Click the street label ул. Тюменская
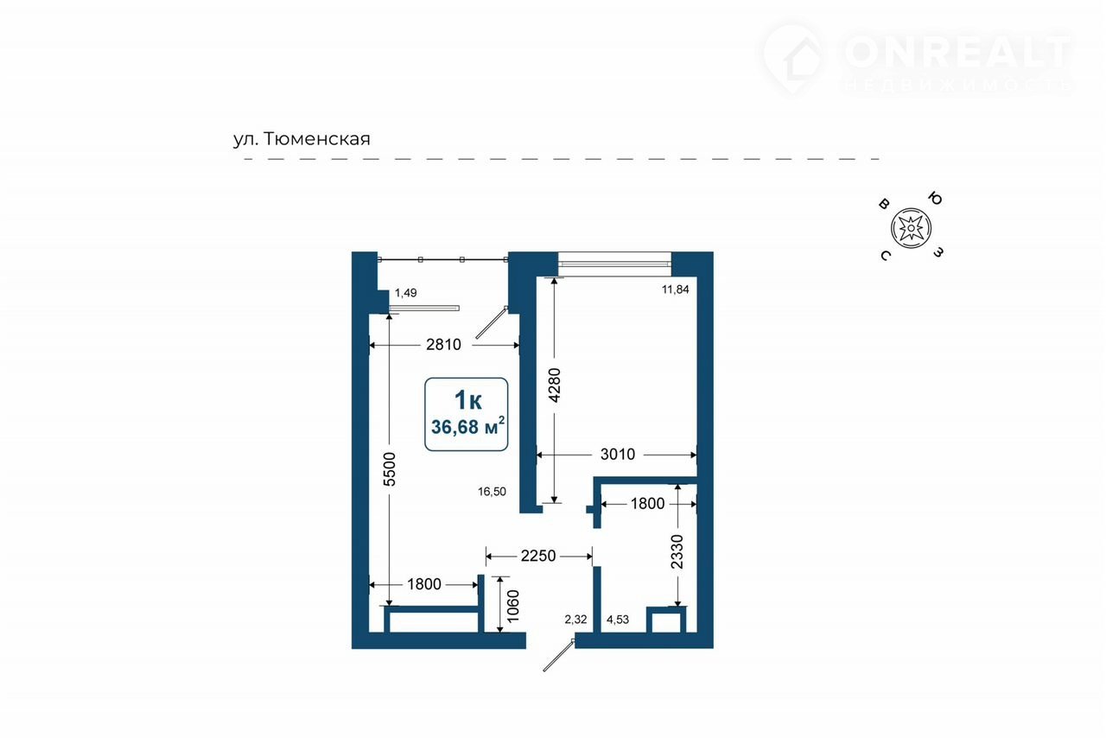[302, 139]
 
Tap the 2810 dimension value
[443, 344]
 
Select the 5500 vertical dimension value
[390, 468]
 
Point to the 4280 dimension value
[555, 385]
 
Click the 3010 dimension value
[618, 454]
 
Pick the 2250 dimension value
[538, 556]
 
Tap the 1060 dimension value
[513, 606]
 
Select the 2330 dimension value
[677, 551]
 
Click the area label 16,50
[492, 492]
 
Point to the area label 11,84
[675, 289]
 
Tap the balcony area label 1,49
[405, 293]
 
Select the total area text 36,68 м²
[467, 426]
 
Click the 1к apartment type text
[467, 400]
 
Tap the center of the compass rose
[911, 228]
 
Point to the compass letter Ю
[935, 199]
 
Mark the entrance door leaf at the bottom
[558, 656]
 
